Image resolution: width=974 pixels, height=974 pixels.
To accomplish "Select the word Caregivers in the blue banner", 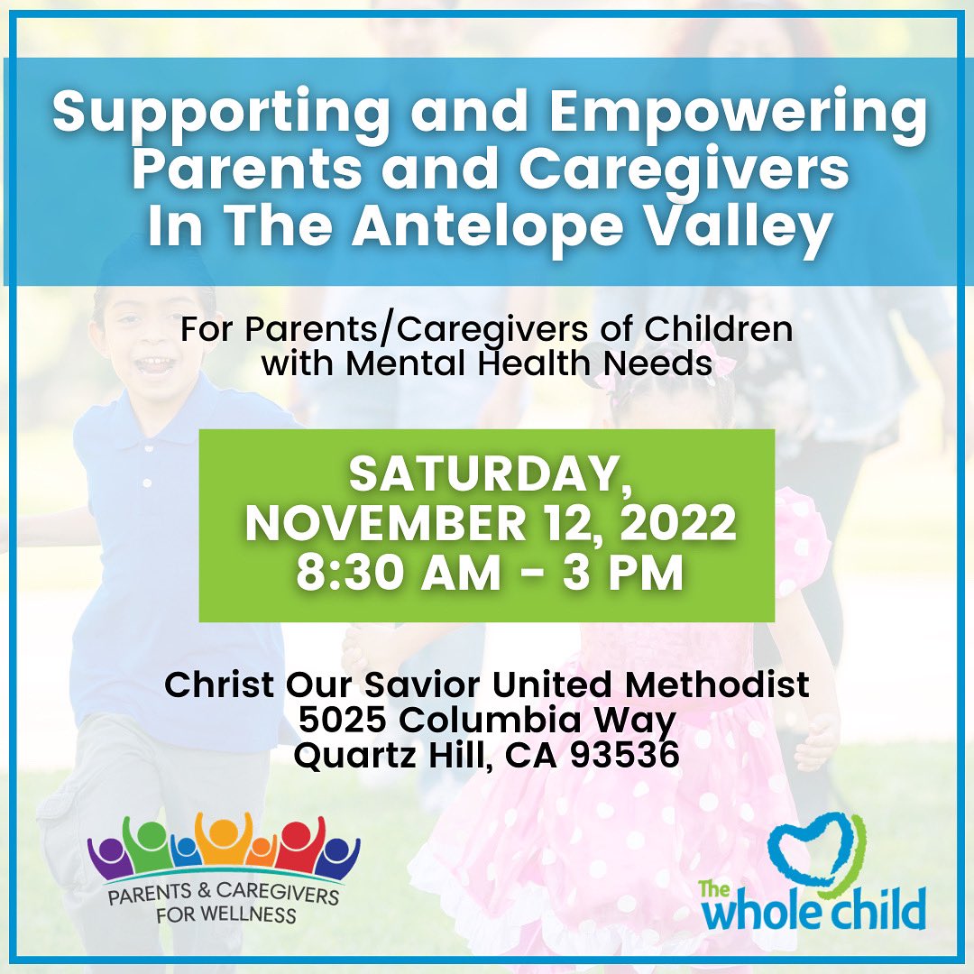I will click(666, 170).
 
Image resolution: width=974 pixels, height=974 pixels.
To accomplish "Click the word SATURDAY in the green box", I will click(486, 475).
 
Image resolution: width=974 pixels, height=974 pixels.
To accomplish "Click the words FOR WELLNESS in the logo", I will click(223, 914).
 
